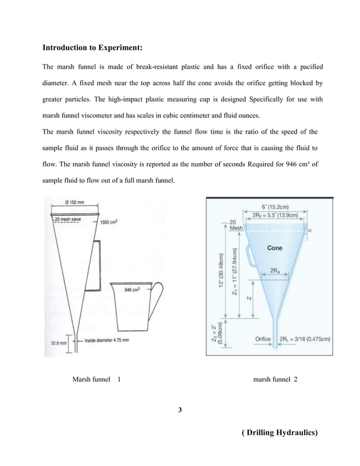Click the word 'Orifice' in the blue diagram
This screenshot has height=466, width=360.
pos(264,338)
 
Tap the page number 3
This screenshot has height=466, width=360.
pos(179,409)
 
